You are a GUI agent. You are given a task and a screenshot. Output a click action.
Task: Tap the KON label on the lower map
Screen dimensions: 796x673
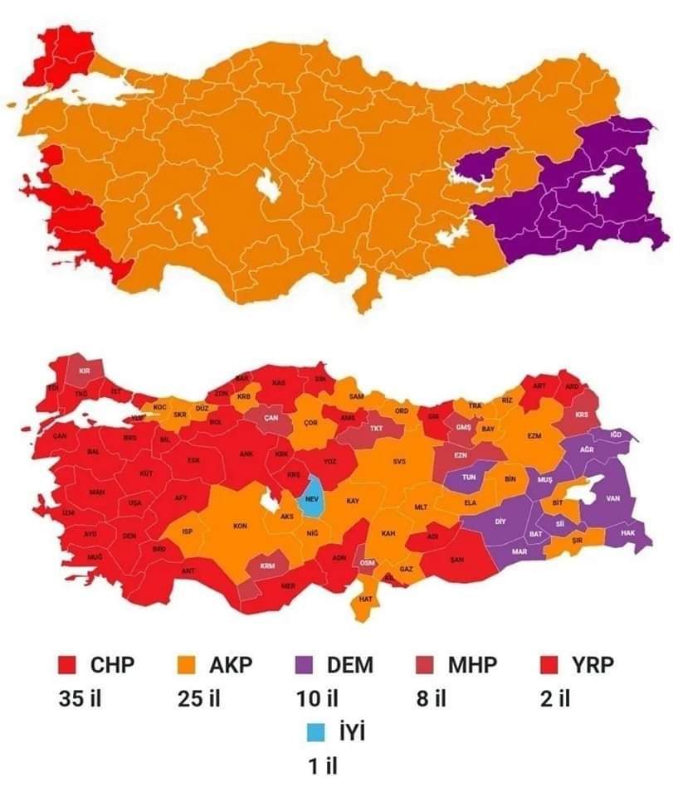click(241, 526)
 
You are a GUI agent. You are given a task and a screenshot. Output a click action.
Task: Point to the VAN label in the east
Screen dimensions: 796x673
click(613, 498)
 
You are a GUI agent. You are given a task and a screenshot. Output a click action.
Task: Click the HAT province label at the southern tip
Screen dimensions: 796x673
click(365, 598)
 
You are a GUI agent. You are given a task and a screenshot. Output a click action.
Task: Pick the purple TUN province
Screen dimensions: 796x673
click(468, 478)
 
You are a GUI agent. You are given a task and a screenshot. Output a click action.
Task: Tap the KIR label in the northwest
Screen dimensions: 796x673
click(84, 371)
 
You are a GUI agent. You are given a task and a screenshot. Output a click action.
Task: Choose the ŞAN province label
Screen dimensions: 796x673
click(456, 559)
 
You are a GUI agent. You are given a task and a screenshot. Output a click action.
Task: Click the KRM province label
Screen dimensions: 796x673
click(267, 565)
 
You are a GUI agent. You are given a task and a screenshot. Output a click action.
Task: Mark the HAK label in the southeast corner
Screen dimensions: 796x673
click(627, 533)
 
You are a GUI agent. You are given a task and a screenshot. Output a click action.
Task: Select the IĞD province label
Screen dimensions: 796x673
click(615, 434)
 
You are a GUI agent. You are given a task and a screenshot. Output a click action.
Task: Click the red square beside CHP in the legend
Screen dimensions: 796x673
click(68, 665)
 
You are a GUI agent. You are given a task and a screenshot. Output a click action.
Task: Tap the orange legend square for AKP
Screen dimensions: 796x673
click(188, 665)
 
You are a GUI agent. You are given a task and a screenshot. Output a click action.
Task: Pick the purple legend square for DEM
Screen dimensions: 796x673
click(305, 665)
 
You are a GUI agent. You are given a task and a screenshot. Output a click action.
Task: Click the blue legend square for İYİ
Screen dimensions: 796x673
click(316, 733)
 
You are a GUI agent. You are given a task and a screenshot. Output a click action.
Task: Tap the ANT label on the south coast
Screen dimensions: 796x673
click(188, 570)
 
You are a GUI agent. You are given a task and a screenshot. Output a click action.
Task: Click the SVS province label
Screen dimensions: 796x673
click(400, 461)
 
